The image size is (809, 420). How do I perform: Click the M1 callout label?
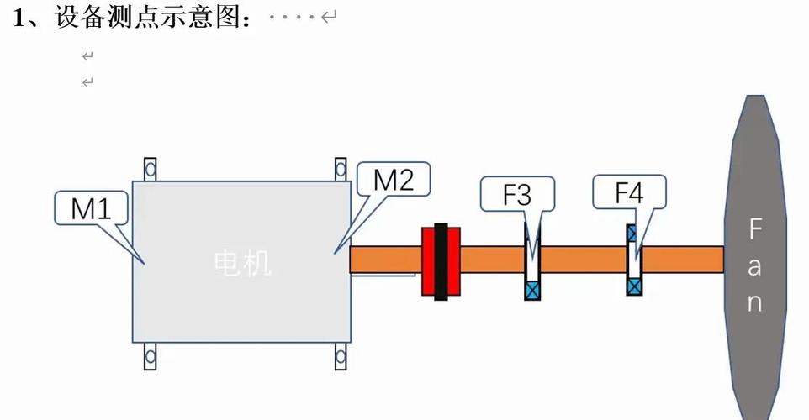[91, 208]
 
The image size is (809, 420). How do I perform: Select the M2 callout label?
[394, 179]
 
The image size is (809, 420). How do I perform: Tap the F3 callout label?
[517, 194]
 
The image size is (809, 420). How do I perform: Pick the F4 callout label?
[629, 192]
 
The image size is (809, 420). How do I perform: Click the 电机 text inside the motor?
[242, 263]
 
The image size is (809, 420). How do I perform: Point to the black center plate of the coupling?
[441, 262]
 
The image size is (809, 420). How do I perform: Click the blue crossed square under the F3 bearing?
[532, 290]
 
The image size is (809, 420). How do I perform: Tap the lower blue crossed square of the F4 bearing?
[635, 286]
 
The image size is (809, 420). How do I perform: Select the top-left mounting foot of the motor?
[151, 170]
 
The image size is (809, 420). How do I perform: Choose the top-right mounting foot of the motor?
[341, 170]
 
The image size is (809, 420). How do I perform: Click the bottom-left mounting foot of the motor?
[151, 356]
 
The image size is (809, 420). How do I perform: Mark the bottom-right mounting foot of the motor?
[341, 356]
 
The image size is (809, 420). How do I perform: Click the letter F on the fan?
[755, 228]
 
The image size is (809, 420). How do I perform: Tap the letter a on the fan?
[754, 266]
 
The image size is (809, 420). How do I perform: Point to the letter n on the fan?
[755, 303]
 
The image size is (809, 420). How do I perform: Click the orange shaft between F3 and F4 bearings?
[584, 260]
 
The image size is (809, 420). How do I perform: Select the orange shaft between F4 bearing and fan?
[683, 260]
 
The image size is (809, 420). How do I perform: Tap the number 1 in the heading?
[19, 18]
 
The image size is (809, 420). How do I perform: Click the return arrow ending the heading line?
[329, 17]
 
